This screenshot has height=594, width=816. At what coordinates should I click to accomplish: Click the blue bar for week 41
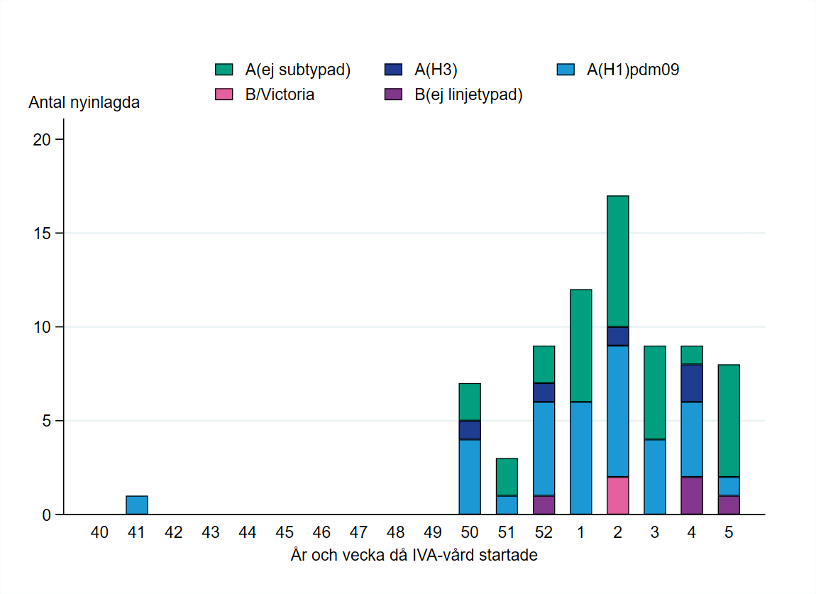(x=136, y=505)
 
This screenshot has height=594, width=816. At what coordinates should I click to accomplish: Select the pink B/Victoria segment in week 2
(x=617, y=495)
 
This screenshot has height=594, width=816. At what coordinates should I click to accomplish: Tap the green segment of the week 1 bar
(x=580, y=346)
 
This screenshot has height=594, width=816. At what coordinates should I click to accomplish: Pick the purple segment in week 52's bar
(x=544, y=505)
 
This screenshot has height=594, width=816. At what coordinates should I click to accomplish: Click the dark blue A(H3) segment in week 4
(x=691, y=383)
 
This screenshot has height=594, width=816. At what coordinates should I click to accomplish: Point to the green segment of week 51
(x=507, y=477)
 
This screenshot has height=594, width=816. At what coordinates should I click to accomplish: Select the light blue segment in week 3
(x=654, y=477)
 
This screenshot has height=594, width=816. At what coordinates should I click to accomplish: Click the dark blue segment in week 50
(x=470, y=430)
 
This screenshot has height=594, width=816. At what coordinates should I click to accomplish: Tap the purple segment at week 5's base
(x=728, y=505)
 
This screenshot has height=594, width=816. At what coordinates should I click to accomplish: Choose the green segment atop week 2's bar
(x=617, y=261)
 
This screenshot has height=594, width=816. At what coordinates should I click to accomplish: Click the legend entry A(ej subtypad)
(x=297, y=70)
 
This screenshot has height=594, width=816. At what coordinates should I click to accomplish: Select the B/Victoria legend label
(x=280, y=94)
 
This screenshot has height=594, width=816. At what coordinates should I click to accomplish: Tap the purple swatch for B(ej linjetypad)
(x=394, y=94)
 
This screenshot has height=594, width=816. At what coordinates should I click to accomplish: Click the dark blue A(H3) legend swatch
(x=394, y=70)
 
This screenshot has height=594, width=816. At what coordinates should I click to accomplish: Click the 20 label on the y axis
(x=43, y=140)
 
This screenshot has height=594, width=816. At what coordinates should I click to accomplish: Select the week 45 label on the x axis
(x=285, y=532)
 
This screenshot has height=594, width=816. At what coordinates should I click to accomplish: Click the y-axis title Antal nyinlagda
(x=84, y=102)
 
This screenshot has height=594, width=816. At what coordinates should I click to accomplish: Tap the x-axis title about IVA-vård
(x=414, y=555)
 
